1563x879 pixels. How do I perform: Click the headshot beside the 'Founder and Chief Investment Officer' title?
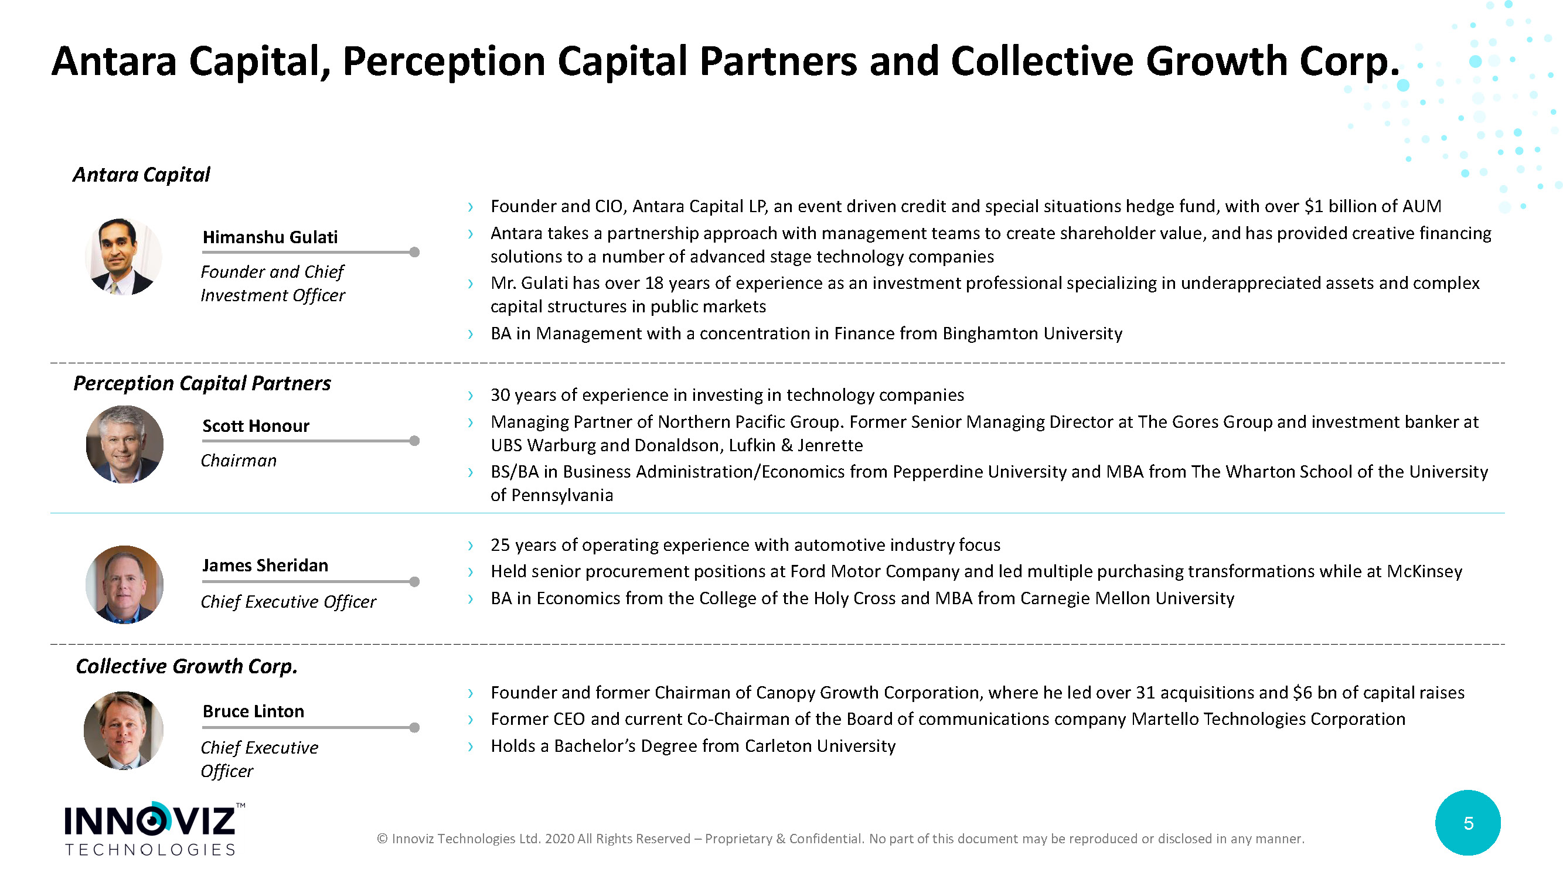pyautogui.click(x=124, y=257)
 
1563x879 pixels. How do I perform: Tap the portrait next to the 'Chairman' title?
pyautogui.click(x=124, y=444)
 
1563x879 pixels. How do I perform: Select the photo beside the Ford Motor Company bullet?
pyautogui.click(x=124, y=584)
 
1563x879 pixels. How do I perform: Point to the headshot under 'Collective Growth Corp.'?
pyautogui.click(x=124, y=730)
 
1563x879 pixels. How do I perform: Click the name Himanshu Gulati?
pyautogui.click(x=270, y=237)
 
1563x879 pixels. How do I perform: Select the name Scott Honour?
pyautogui.click(x=256, y=426)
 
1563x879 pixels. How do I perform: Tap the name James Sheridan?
pyautogui.click(x=265, y=565)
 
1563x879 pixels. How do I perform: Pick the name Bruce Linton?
pyautogui.click(x=253, y=711)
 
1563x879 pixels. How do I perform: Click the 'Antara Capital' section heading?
pyautogui.click(x=141, y=175)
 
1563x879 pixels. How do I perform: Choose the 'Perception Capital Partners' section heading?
pyautogui.click(x=202, y=383)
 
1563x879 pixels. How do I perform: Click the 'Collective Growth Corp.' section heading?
pyautogui.click(x=186, y=666)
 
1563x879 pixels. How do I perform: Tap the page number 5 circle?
pyautogui.click(x=1467, y=823)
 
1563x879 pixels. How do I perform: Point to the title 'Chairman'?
pyautogui.click(x=239, y=461)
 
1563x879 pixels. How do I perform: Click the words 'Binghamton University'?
pyautogui.click(x=1032, y=333)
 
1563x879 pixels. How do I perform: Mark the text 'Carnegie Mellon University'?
pyautogui.click(x=1127, y=599)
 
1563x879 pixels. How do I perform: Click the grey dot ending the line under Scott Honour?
pyautogui.click(x=414, y=441)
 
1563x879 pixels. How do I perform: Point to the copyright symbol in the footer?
pyautogui.click(x=382, y=839)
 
